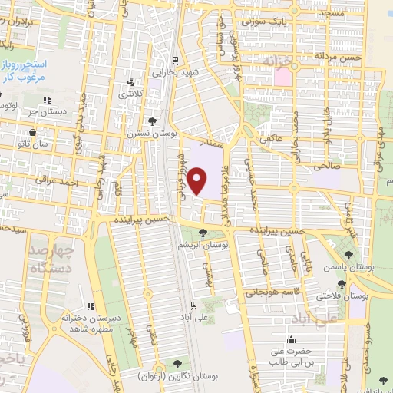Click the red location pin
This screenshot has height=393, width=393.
click(198, 181)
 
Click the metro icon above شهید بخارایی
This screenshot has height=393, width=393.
click(176, 61)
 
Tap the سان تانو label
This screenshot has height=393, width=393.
click(35, 144)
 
